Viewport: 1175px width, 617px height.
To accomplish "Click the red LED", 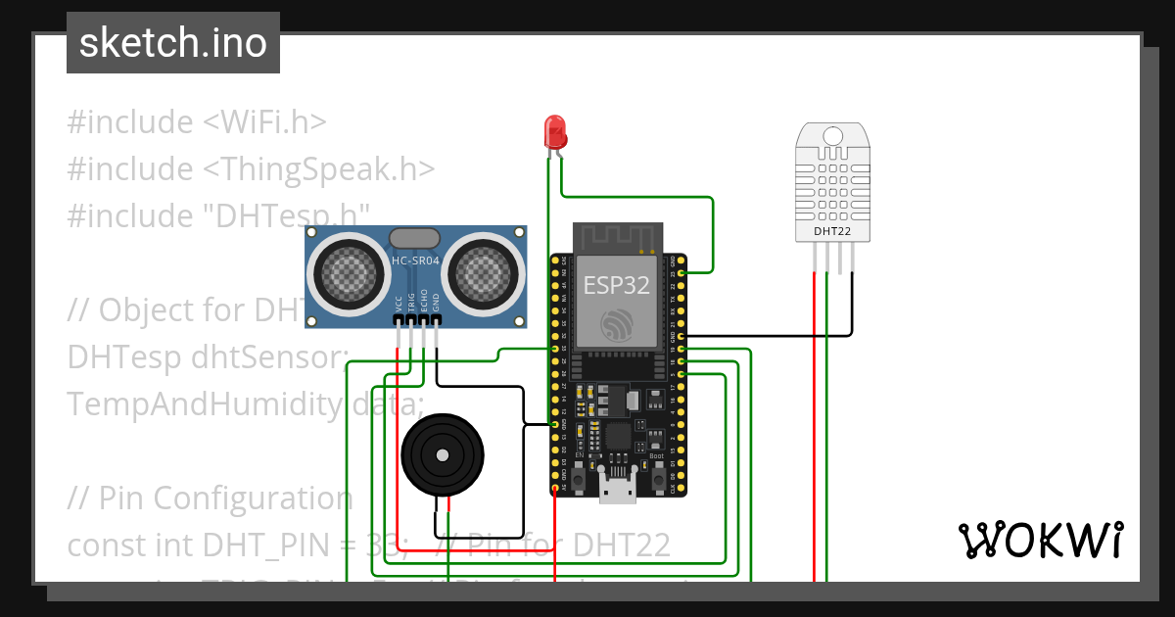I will click(x=555, y=130).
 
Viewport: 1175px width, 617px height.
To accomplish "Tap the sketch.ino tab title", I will click(x=173, y=43).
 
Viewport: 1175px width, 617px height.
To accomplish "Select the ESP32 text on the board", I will click(x=617, y=285).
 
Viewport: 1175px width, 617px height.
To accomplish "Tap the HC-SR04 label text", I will click(x=415, y=261).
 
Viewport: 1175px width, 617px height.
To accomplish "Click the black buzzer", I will click(x=442, y=455).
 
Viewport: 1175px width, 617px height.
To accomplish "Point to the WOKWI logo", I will click(x=1040, y=540).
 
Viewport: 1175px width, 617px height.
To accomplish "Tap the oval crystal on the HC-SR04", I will click(x=415, y=238).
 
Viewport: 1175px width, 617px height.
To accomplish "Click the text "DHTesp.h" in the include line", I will click(x=287, y=215).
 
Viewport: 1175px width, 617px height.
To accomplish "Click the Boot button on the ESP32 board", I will click(x=658, y=479).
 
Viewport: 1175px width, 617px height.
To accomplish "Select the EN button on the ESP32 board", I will click(x=579, y=479).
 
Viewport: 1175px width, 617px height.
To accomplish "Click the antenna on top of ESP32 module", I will click(x=617, y=237).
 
